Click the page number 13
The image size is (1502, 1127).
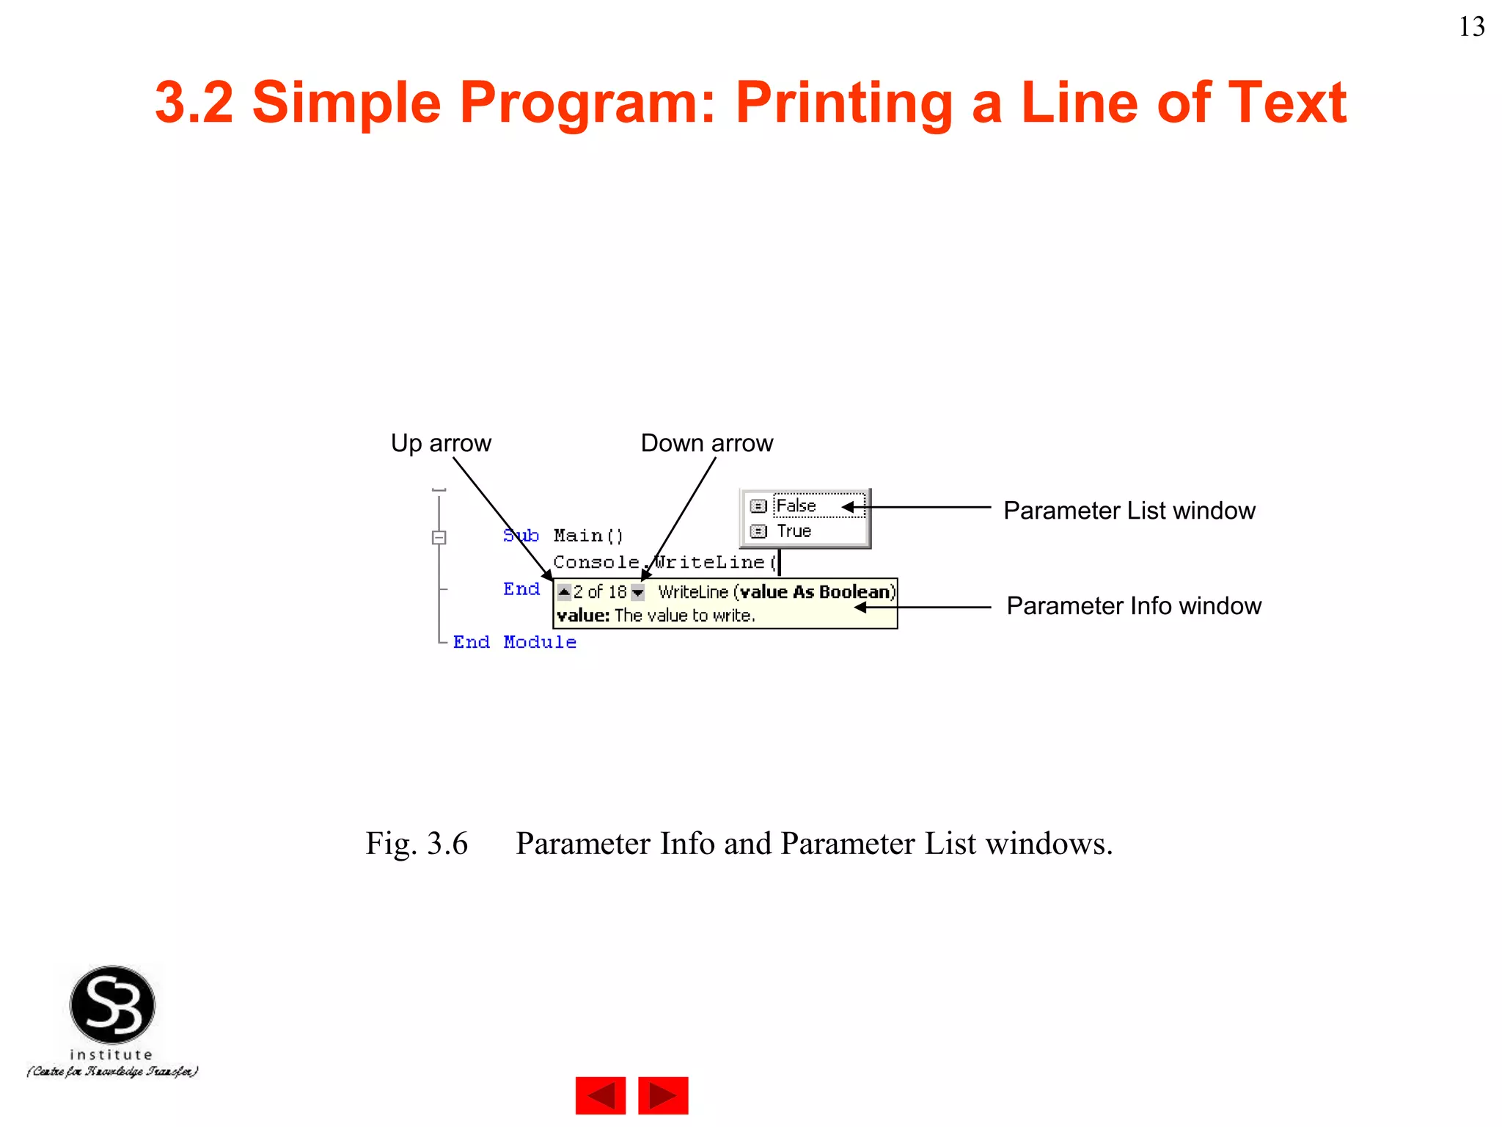1471,27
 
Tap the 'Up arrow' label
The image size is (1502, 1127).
441,443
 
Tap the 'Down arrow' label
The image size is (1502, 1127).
706,443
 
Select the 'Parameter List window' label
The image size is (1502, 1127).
1129,511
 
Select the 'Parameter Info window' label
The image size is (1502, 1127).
1133,606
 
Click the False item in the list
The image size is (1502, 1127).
796,506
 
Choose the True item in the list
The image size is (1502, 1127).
794,531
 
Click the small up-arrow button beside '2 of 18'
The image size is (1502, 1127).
564,591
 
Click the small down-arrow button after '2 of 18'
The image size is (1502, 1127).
638,592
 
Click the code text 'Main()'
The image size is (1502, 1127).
588,536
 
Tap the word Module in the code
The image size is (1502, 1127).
540,643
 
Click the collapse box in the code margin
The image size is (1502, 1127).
439,537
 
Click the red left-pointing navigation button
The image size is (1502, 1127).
601,1095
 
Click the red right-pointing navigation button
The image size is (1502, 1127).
663,1095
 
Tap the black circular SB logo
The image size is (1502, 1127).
112,1004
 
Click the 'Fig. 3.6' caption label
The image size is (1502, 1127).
417,844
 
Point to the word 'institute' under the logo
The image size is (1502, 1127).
111,1054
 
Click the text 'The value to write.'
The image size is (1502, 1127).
684,616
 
